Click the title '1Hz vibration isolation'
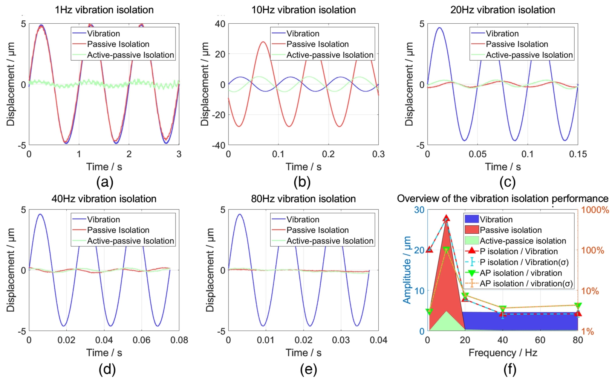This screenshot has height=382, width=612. pos(104,10)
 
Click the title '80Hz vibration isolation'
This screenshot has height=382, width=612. pos(303,199)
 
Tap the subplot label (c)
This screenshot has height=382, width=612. pos(507,182)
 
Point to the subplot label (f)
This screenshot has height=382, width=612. pos(509,370)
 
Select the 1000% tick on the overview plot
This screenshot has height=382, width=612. pos(595,210)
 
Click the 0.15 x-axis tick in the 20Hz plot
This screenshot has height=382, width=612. pos(578,154)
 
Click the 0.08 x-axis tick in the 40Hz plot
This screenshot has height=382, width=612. pos(179,340)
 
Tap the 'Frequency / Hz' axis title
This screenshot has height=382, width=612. pos(503,353)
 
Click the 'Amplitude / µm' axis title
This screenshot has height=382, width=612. pos(407,270)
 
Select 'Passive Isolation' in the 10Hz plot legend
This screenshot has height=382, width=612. pos(317,44)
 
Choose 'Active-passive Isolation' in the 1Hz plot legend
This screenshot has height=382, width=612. pos(130,55)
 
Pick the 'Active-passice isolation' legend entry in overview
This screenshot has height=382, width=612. pos(523,241)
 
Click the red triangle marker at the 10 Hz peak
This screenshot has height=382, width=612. pos(447,218)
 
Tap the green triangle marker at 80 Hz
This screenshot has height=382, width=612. pos(578,306)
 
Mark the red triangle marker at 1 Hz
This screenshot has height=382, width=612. pos(429,249)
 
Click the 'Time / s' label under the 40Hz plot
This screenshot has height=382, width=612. pos(104,353)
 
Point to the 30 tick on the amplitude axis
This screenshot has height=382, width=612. pos(419,210)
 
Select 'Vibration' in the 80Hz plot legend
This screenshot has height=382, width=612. pos(303,219)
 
